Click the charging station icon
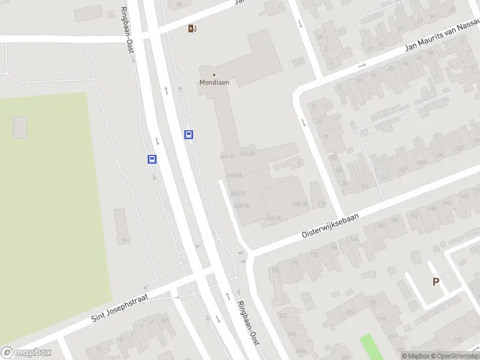pos(191,28)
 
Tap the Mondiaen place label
pos(214,83)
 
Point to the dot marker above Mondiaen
pos(214,75)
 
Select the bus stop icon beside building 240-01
pos(188,134)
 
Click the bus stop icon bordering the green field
pos(152,159)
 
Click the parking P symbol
pos(436,281)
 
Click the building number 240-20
pos(247,154)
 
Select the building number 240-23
pos(238,193)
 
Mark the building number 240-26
pos(273,218)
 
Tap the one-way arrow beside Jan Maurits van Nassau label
pos(361,65)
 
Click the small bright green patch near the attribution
pos(373,347)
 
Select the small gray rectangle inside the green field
pos(20,127)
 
